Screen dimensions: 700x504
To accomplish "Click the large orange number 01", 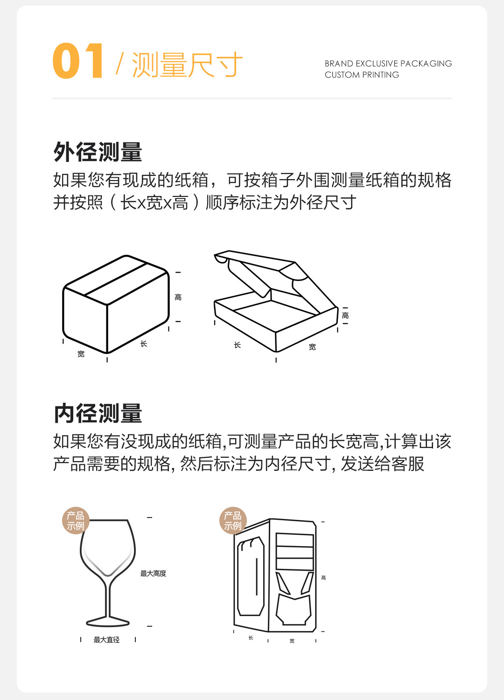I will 78,61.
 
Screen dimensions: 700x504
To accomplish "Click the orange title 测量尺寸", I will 187,64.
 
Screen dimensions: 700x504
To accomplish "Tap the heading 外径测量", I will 98,152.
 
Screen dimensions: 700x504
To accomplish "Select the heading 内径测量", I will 98,413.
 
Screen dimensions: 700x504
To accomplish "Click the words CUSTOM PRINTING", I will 362,75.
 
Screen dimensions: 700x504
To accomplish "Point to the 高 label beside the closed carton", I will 178,297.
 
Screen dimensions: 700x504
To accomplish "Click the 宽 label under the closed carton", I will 81,354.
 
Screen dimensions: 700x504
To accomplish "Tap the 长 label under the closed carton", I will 144,344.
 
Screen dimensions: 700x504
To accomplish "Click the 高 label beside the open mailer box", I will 345,316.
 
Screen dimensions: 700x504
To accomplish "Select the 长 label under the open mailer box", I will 237,345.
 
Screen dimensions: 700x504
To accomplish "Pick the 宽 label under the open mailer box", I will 312,347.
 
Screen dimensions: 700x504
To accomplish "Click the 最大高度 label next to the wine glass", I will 153,574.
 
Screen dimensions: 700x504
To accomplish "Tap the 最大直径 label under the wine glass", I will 106,640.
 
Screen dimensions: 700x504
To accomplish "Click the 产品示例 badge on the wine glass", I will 75,520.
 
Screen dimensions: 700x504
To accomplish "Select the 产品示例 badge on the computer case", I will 232,520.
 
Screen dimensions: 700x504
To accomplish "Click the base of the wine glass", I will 108,622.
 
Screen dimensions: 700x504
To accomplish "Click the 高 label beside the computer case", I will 323,578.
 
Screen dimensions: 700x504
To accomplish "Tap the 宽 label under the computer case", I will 292,641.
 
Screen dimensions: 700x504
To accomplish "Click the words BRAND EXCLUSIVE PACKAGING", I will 388,63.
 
